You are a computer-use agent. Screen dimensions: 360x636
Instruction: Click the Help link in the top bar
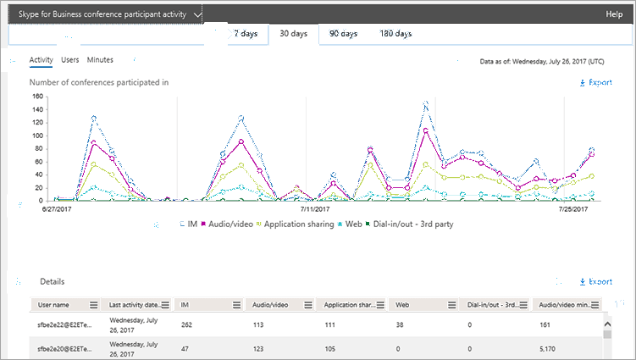[614, 14]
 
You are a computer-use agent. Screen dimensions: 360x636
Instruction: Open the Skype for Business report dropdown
[104, 14]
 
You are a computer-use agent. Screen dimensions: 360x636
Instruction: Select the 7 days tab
[247, 34]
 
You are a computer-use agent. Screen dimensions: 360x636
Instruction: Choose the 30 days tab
[293, 34]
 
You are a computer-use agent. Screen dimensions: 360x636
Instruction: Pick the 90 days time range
[343, 34]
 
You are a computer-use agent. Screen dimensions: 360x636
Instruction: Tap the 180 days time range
[395, 34]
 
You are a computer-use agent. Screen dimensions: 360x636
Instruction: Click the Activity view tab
[41, 60]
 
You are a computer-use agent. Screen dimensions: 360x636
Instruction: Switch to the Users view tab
[70, 60]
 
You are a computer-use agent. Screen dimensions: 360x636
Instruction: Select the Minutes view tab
[100, 60]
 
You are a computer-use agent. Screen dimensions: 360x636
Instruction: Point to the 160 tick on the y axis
[36, 97]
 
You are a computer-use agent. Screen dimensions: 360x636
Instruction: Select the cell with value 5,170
[547, 347]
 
